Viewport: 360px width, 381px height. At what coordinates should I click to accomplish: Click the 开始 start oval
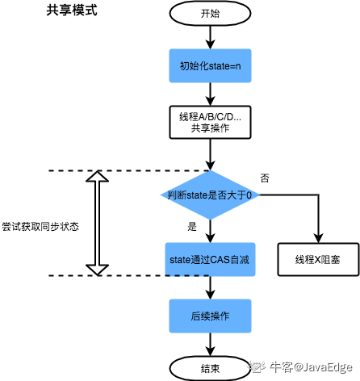click(x=209, y=14)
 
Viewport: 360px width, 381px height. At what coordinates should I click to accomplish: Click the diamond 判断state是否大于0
click(x=209, y=195)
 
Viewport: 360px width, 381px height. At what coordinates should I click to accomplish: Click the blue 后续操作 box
click(x=209, y=315)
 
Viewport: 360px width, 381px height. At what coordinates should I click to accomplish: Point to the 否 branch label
click(x=265, y=177)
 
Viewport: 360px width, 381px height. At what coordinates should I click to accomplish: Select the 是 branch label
click(x=191, y=227)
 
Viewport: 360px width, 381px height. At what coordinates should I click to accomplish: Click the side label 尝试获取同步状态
click(x=40, y=227)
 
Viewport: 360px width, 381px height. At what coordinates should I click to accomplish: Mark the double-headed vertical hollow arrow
click(x=98, y=222)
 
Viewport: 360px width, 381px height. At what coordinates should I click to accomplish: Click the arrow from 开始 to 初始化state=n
click(x=209, y=36)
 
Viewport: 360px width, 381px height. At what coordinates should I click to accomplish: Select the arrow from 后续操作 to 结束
click(x=209, y=344)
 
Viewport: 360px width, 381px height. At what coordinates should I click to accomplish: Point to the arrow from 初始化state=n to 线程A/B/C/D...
click(x=209, y=94)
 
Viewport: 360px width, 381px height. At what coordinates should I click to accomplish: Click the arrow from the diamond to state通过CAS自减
click(x=209, y=231)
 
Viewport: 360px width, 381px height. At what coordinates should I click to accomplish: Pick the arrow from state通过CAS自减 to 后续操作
click(x=209, y=287)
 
